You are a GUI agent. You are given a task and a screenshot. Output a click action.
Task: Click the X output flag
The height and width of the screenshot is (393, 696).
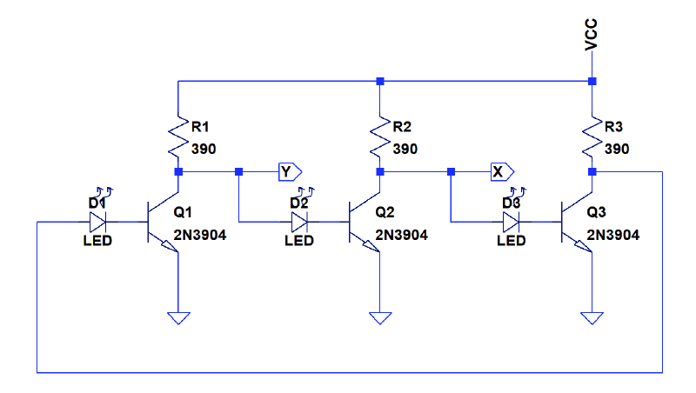tap(499, 171)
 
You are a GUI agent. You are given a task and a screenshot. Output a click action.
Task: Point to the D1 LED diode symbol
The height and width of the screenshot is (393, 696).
tap(98, 221)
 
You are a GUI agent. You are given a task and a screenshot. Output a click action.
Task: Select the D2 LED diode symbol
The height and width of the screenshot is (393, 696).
tap(300, 221)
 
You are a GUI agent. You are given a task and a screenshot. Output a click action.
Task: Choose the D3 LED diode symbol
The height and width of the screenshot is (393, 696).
tap(512, 221)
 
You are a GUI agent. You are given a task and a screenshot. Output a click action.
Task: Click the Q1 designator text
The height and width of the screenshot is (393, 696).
tap(184, 211)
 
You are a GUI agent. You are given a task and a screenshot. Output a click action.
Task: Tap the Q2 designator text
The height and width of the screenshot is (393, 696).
tap(385, 211)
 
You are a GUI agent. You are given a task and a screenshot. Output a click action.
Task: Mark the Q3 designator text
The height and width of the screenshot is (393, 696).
tap(597, 211)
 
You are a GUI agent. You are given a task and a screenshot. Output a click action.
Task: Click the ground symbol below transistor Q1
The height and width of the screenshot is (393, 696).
tap(178, 318)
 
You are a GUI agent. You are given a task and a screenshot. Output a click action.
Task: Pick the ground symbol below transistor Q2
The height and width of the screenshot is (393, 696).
tap(380, 318)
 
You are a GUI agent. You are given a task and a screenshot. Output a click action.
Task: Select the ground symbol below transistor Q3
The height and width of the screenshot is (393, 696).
tap(592, 318)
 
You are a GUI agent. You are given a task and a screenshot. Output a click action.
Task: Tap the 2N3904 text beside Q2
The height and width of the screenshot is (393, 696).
tap(402, 235)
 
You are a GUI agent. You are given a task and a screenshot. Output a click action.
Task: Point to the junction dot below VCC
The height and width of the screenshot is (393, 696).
tap(592, 82)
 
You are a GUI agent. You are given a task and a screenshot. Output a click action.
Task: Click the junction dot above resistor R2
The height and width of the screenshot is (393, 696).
tap(380, 82)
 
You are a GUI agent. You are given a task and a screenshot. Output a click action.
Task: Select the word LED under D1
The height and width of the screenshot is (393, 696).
tap(97, 241)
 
